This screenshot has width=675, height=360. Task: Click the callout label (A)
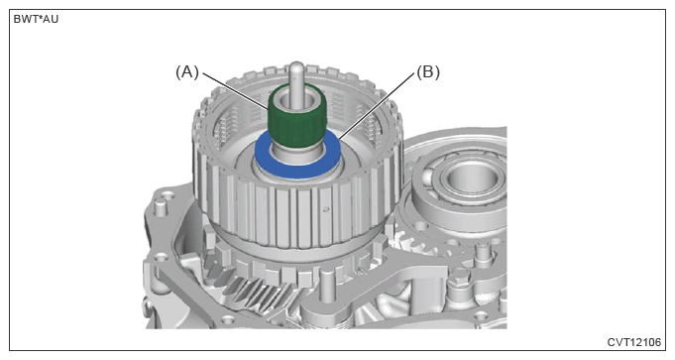click(186, 72)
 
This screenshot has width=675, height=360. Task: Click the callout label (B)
click(428, 72)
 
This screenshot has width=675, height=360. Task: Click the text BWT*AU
click(36, 20)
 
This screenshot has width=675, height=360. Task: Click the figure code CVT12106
click(633, 342)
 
